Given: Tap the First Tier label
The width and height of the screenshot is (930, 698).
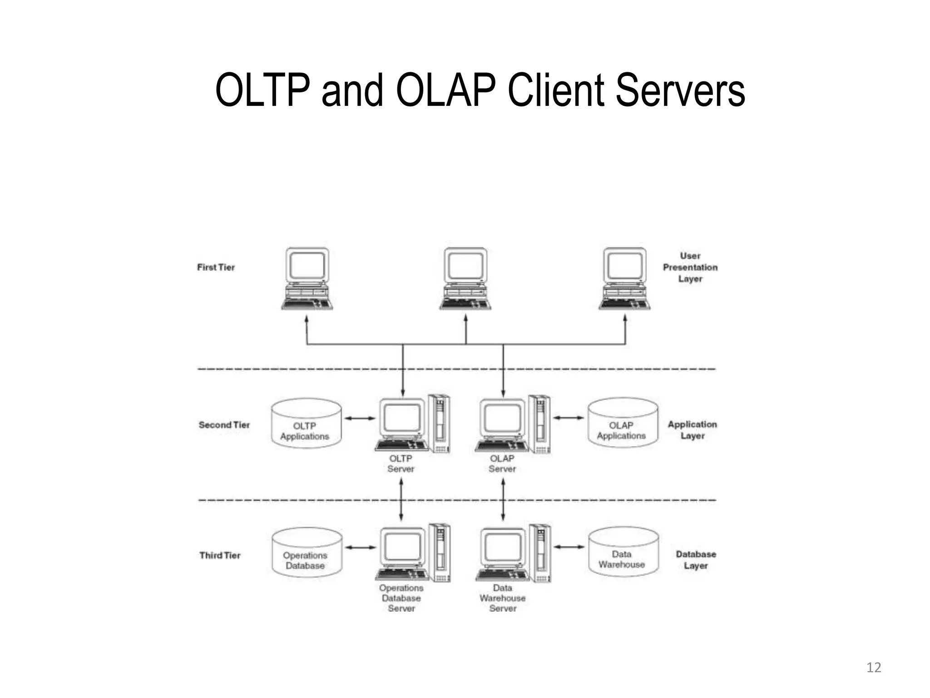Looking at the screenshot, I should coord(216,267).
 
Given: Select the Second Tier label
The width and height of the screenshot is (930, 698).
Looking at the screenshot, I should coord(224,425).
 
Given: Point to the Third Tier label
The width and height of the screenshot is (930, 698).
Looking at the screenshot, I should coord(220,555).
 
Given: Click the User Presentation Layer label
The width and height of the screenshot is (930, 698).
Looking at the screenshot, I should coord(690,267).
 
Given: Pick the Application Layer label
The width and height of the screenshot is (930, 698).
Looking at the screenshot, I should coord(692,430).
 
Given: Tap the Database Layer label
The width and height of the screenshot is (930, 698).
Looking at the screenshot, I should coord(696,560).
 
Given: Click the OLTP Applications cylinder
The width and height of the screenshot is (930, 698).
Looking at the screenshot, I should coord(306,424).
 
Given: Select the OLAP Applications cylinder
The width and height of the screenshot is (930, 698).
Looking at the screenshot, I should coord(623,423).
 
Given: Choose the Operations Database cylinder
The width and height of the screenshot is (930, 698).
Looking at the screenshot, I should coord(307,553).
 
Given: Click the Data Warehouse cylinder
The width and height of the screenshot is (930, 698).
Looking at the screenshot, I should coord(623,552).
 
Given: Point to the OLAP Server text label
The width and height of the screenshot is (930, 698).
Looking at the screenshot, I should coord(502,464).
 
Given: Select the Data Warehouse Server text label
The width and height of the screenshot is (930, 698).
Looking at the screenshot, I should coord(502,598).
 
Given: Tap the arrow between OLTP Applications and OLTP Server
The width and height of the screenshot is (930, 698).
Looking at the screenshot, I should coord(360,418).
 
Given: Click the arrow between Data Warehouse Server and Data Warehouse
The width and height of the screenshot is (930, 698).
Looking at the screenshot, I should coord(569,547).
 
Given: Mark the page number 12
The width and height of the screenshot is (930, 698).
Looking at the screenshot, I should coord(874,668).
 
